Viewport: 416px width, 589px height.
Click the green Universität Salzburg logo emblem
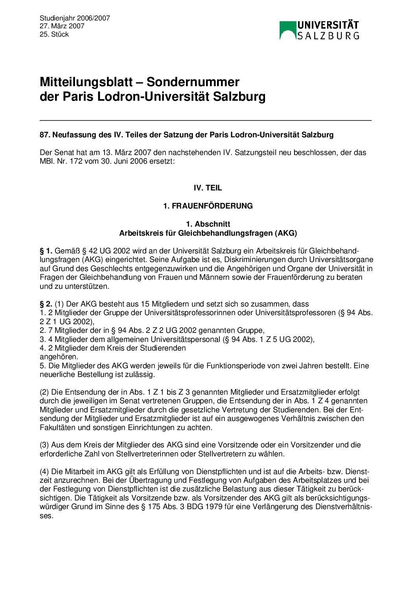[x=287, y=30]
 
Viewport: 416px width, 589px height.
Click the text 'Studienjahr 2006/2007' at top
[x=75, y=18]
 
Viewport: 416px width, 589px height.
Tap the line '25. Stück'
[x=54, y=35]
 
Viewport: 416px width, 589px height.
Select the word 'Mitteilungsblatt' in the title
[x=86, y=82]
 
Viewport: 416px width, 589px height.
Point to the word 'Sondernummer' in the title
[x=193, y=82]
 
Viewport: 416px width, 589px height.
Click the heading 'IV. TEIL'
[x=208, y=188]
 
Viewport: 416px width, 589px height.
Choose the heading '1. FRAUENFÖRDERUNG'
[x=208, y=206]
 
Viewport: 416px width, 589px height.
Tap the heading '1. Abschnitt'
[x=208, y=224]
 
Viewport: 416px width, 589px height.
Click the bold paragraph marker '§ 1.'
[x=46, y=251]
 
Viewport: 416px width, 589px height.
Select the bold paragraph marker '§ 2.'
[x=46, y=304]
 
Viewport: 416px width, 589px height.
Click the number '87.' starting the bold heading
[x=45, y=135]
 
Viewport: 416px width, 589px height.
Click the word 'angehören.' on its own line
[x=59, y=357]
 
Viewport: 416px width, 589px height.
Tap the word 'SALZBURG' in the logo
[x=328, y=36]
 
